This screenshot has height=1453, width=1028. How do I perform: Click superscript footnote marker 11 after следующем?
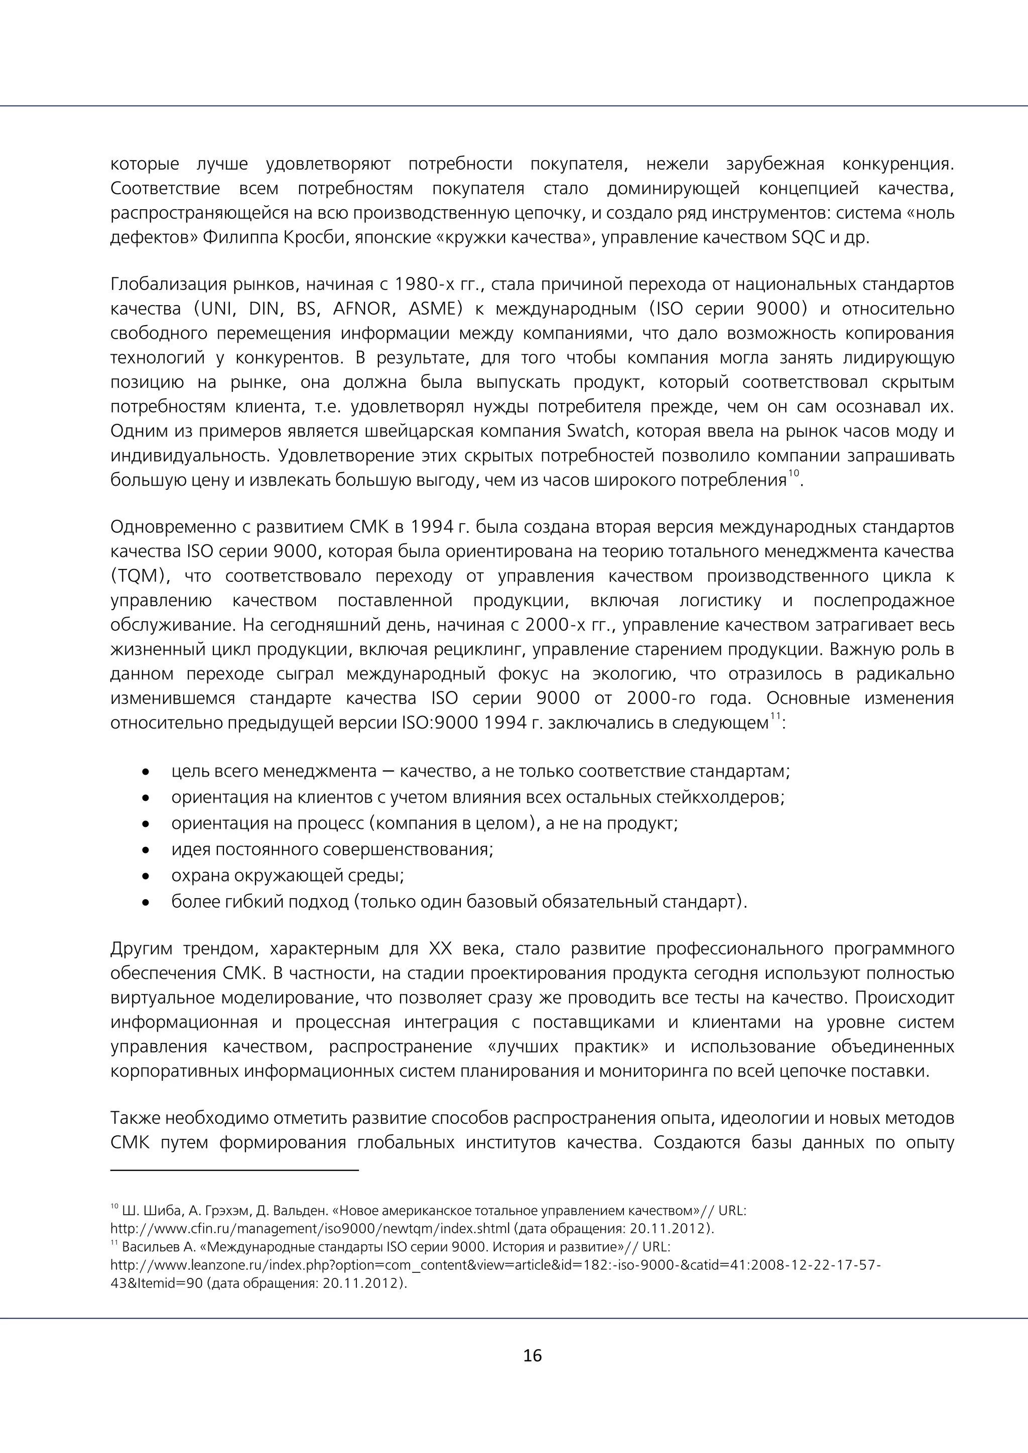click(x=776, y=716)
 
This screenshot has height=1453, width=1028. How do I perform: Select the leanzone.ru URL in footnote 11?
click(x=494, y=1265)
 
